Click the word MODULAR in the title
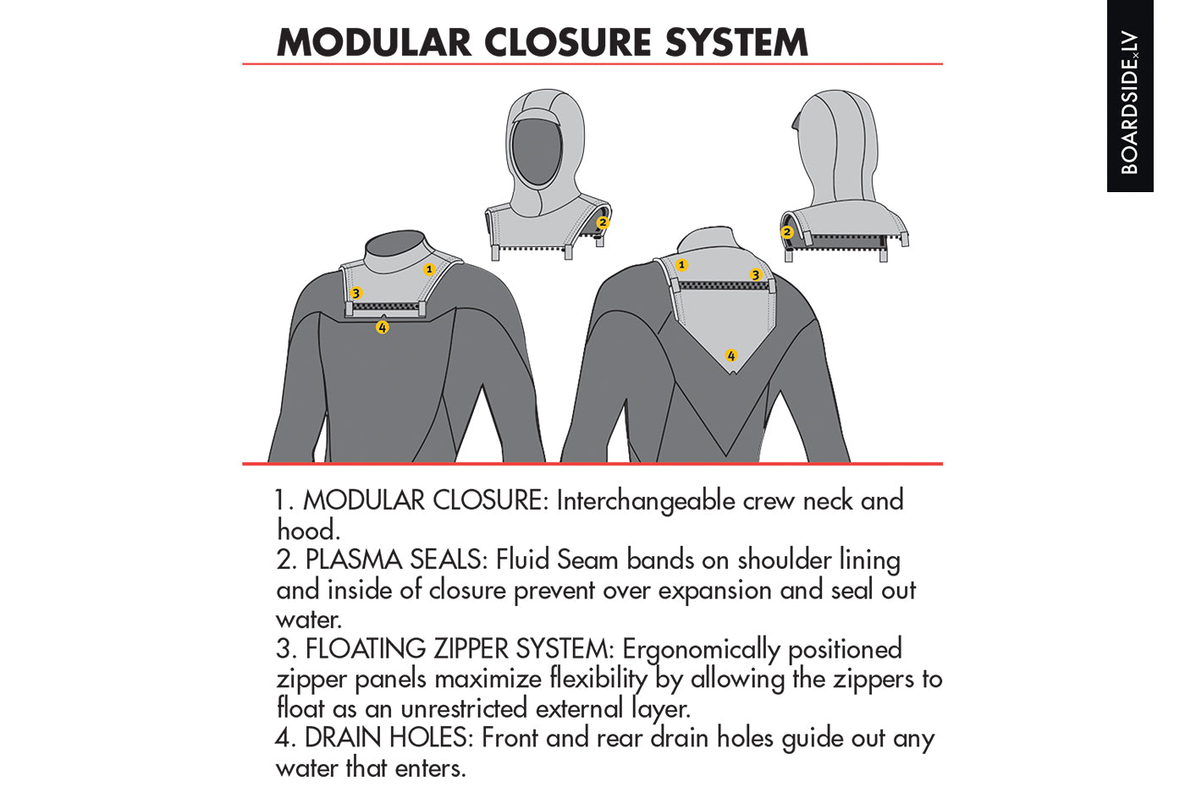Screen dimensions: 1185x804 (374, 42)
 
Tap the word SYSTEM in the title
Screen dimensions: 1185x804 (736, 42)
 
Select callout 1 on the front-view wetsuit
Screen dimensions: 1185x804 (429, 269)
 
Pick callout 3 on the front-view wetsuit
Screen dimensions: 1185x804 (356, 293)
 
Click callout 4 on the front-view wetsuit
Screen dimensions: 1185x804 (382, 328)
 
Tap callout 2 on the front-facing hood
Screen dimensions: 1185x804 (603, 223)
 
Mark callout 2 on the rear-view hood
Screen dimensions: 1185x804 (786, 232)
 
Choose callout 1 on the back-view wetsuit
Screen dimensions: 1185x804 (681, 264)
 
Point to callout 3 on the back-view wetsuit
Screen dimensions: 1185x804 (755, 274)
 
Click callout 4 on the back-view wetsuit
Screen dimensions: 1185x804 (731, 355)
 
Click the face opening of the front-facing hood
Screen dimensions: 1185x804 (537, 151)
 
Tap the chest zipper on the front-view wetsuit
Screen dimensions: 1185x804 (385, 306)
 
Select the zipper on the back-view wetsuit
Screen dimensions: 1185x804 (724, 286)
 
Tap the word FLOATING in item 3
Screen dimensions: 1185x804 (366, 649)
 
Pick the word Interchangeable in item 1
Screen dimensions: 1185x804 (645, 501)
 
